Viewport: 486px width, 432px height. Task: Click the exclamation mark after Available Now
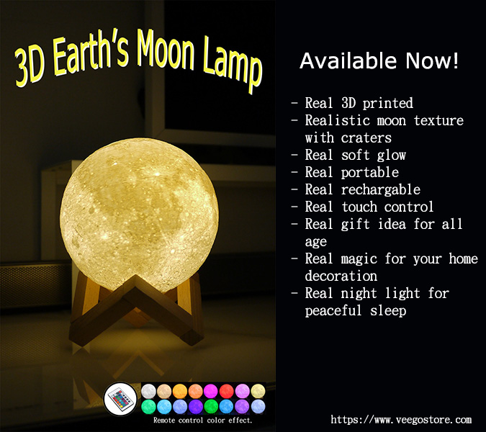point(455,60)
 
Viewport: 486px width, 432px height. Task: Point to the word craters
point(366,138)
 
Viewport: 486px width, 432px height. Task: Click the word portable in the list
point(370,173)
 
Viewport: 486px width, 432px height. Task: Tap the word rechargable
point(380,189)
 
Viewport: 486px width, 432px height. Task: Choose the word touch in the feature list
point(359,207)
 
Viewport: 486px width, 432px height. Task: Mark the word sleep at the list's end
point(388,311)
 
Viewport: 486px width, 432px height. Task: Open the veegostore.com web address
point(401,420)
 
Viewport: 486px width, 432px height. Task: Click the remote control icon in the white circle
point(120,399)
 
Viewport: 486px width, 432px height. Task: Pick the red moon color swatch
point(227,391)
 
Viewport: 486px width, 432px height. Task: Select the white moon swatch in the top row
point(148,391)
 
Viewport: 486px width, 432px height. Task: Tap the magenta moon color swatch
point(211,391)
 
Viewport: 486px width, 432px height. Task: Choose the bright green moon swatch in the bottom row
point(211,406)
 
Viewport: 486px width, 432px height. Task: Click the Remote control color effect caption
point(203,420)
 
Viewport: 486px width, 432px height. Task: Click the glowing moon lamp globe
point(139,214)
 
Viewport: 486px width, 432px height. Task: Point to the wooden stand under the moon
point(136,310)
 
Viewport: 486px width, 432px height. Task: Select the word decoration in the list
point(341,276)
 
